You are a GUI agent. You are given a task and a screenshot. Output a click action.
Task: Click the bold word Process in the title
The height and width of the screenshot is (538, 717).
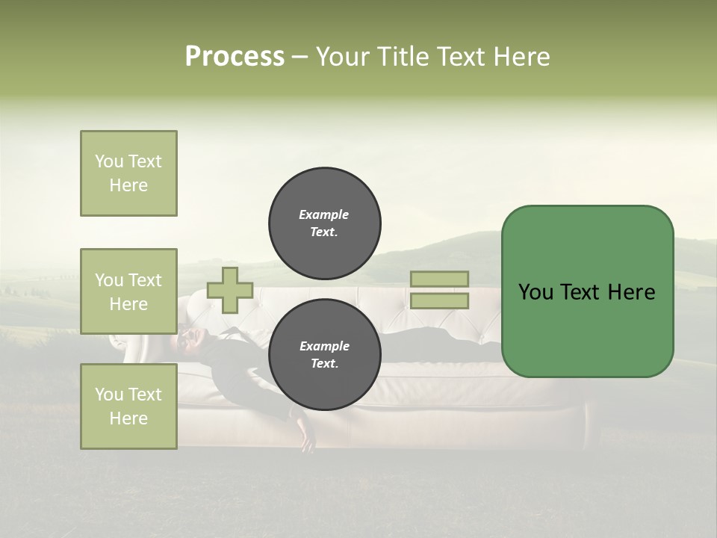(235, 57)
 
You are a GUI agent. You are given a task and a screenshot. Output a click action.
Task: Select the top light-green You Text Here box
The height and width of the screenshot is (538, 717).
(128, 173)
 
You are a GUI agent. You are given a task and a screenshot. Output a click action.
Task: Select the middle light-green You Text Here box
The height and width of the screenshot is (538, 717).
(128, 291)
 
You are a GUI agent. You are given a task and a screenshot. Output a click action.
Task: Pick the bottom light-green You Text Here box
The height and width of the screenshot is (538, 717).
(128, 406)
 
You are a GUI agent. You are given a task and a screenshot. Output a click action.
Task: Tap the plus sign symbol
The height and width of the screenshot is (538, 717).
(230, 290)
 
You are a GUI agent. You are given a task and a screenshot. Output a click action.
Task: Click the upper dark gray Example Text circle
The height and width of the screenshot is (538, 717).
(324, 223)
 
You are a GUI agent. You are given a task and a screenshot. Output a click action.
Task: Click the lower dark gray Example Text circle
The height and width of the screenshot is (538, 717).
(324, 354)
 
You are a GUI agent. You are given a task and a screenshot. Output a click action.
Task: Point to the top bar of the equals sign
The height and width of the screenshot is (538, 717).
(439, 279)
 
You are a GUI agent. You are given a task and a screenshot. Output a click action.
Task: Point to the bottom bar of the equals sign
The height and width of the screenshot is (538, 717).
(439, 301)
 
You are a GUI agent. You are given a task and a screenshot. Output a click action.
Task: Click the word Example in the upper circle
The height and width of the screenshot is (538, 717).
(324, 214)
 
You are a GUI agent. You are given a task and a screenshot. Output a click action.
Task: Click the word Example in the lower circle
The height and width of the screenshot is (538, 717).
(324, 346)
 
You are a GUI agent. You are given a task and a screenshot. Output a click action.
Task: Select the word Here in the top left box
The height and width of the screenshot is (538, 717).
(128, 185)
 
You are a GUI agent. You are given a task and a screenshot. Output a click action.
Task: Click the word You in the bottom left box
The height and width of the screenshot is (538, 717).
(109, 395)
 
